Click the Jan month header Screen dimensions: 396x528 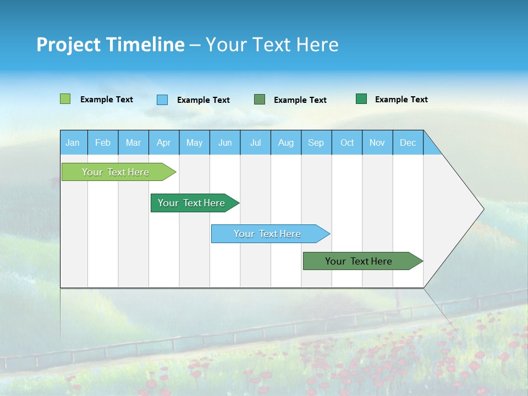click(73, 142)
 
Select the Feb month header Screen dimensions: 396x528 click(103, 142)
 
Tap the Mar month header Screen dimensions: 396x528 click(133, 142)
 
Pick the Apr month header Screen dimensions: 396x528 click(164, 142)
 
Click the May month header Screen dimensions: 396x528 click(194, 142)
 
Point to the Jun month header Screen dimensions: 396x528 click(225, 142)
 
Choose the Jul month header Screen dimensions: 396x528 click(255, 142)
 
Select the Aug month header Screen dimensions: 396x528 click(286, 142)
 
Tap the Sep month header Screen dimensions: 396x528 click(316, 142)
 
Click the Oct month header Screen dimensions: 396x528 click(347, 142)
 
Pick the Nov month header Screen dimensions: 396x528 click(377, 142)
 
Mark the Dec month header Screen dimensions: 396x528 click(408, 142)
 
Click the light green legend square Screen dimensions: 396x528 click(65, 99)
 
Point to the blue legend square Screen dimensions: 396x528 click(162, 100)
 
